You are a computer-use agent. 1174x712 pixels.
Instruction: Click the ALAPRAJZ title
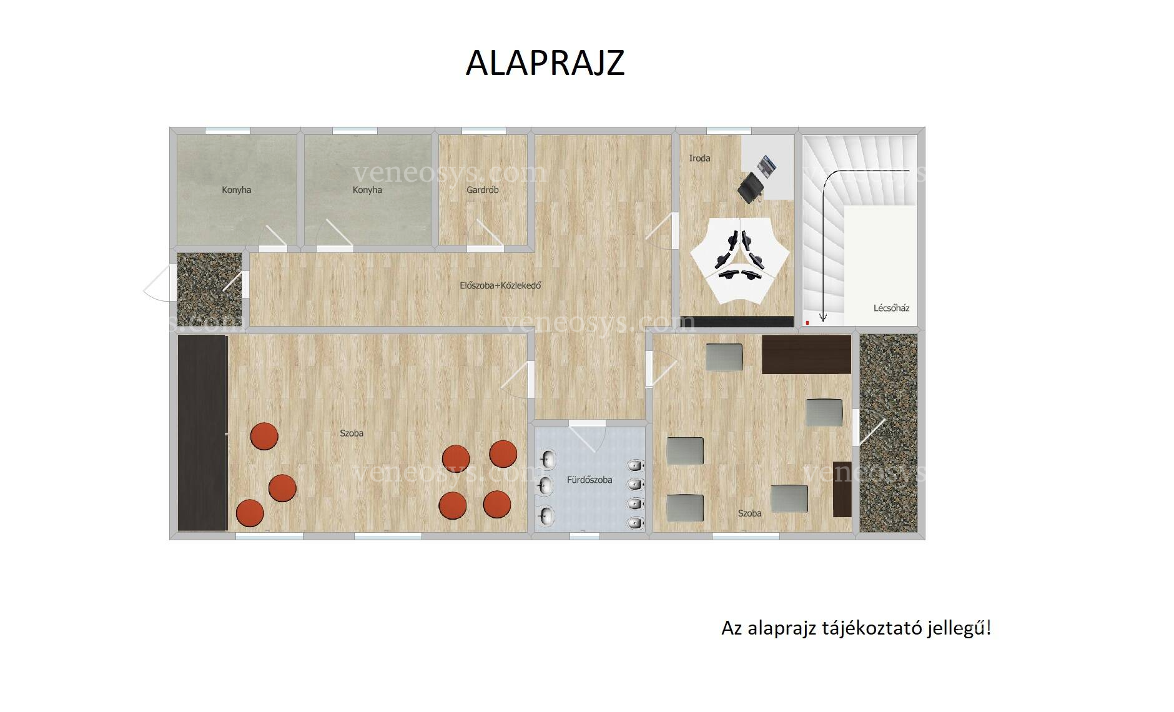(x=545, y=62)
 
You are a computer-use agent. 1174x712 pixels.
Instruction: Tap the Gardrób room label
(x=482, y=190)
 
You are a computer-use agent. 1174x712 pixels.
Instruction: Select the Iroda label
(x=699, y=158)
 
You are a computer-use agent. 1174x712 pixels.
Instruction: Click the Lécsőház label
(x=891, y=308)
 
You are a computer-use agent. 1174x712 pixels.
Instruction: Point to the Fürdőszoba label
(x=589, y=480)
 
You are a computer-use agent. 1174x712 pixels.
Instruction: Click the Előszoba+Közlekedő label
(x=500, y=285)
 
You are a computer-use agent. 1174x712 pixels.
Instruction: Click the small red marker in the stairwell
(x=807, y=323)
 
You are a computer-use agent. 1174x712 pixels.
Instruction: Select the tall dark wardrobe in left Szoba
(x=202, y=433)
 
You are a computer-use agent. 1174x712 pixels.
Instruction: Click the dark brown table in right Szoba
(x=806, y=354)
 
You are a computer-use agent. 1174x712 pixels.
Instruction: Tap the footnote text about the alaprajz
(x=856, y=628)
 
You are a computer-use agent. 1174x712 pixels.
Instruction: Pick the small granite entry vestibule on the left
(x=209, y=289)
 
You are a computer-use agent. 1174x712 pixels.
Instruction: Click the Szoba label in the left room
(x=352, y=433)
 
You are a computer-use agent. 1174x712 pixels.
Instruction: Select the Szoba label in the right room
(x=749, y=513)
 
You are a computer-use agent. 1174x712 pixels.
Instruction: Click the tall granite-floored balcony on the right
(x=889, y=433)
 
